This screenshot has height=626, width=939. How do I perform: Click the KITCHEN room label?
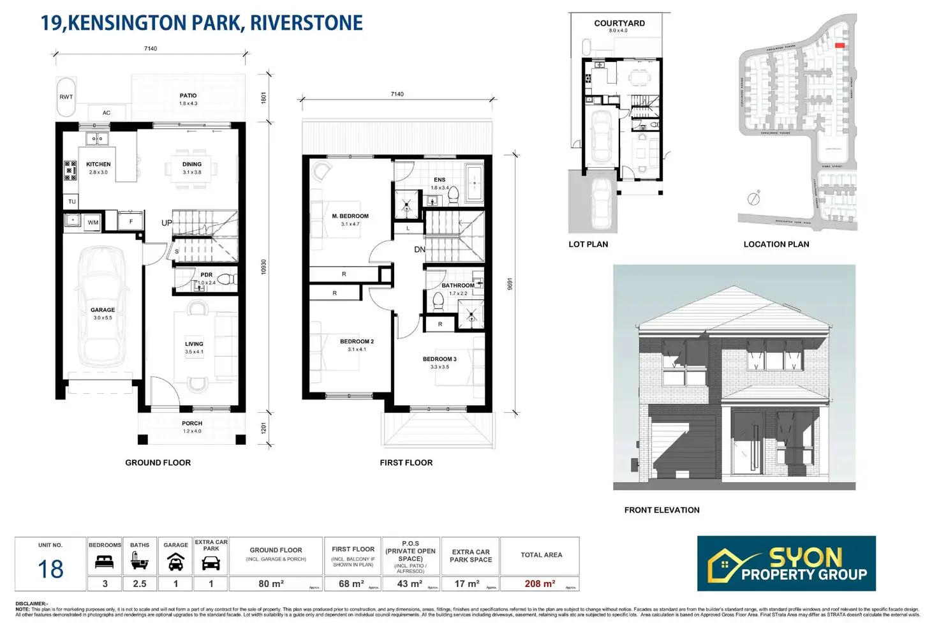(98, 164)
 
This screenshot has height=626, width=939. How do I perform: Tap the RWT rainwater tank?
(66, 98)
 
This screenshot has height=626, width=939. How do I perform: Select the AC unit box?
(107, 113)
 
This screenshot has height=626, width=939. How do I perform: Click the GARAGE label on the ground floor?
(103, 310)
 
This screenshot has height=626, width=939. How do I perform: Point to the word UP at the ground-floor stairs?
(166, 223)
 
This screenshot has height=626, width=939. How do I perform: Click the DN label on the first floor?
(420, 250)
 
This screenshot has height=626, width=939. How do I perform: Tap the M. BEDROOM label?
(350, 216)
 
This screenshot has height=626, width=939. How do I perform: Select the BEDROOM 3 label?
(440, 359)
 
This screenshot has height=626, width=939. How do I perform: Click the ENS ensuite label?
(440, 180)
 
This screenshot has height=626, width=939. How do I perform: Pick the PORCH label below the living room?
(192, 423)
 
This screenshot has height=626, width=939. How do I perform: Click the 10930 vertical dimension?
(263, 267)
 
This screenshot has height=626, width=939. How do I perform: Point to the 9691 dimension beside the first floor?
(510, 284)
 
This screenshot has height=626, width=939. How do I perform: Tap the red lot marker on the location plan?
(839, 45)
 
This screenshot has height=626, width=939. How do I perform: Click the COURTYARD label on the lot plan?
(619, 23)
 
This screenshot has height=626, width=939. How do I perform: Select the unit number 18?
(50, 569)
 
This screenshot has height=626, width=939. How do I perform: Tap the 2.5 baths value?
(140, 584)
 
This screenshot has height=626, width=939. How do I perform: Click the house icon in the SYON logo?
(724, 565)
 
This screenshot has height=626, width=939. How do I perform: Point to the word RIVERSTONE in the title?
(306, 23)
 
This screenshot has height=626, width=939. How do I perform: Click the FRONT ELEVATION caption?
(662, 510)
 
